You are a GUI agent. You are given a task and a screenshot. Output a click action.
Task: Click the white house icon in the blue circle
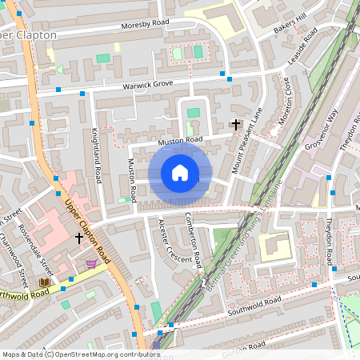click(x=180, y=173)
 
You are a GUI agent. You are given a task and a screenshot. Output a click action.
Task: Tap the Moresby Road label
click(x=146, y=26)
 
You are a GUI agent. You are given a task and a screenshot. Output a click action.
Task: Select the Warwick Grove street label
click(x=148, y=85)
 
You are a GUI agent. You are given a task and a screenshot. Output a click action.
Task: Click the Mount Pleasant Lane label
click(x=247, y=141)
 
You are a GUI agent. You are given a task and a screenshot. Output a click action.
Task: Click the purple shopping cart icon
click(x=92, y=263)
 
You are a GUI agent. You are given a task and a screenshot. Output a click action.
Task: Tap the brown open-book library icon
click(x=44, y=282)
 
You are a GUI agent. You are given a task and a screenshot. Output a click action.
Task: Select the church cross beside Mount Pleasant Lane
click(x=235, y=123)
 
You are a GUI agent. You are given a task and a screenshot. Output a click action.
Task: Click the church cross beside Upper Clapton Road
click(x=78, y=238)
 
